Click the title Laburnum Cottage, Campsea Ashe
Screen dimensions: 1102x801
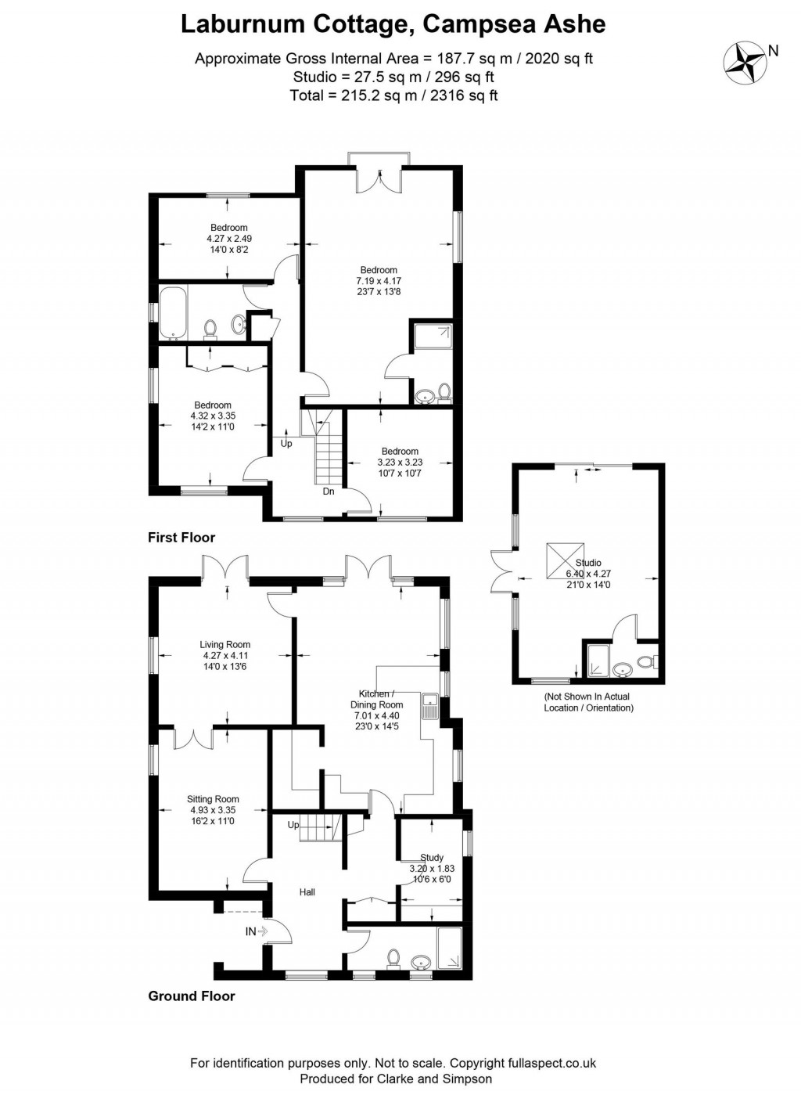tap(393, 24)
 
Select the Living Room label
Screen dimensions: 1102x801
tap(225, 645)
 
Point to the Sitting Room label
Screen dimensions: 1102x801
tap(213, 799)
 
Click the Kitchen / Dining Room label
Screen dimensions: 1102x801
tap(376, 699)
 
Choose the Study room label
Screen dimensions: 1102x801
tap(432, 857)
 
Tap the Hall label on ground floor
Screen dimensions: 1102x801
tap(307, 892)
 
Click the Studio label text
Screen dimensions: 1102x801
tap(588, 563)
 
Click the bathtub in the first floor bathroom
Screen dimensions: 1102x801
tap(172, 312)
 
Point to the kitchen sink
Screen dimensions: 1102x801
tap(429, 705)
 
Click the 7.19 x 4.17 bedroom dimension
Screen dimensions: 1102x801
tap(379, 281)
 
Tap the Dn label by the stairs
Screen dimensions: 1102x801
tap(329, 492)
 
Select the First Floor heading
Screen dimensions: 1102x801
tap(181, 538)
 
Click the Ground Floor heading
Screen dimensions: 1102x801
tap(192, 996)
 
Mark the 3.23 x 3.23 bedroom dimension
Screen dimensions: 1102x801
tap(400, 463)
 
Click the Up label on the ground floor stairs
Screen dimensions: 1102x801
tap(293, 825)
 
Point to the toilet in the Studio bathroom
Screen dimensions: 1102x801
tap(645, 663)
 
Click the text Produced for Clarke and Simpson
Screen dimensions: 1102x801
tap(396, 1079)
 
